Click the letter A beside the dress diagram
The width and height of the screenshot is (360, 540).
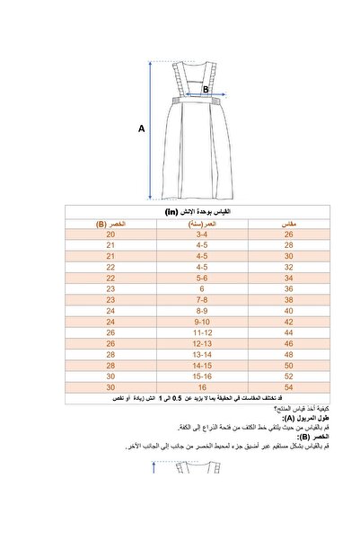point(141,128)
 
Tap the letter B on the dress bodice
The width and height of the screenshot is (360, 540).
point(205,90)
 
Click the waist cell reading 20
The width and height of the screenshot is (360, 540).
point(111,234)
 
